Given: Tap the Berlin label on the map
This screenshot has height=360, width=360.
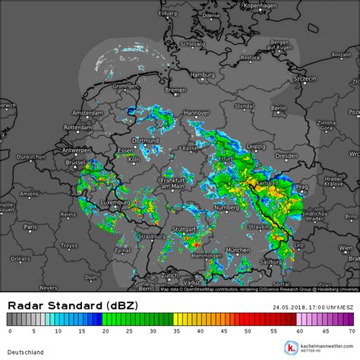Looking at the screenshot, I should [x=278, y=109].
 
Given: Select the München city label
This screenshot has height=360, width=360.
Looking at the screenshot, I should [x=238, y=249].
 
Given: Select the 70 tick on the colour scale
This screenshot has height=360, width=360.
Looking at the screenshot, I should [x=351, y=331].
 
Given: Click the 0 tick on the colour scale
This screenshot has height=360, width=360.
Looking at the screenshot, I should [x=10, y=331].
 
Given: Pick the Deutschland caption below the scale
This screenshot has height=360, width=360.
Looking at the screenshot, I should [x=26, y=352].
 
